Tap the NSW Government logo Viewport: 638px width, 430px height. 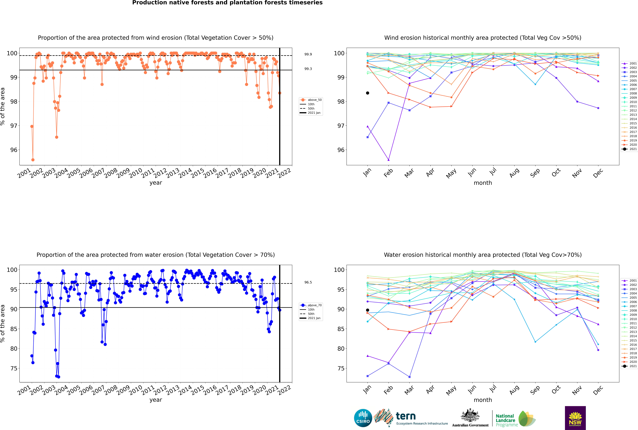pyautogui.click(x=575, y=418)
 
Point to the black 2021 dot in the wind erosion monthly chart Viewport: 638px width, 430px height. pyautogui.click(x=368, y=93)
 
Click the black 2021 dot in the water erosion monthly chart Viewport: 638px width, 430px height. pyautogui.click(x=368, y=310)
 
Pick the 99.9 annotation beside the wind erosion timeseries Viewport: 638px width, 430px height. pyautogui.click(x=308, y=54)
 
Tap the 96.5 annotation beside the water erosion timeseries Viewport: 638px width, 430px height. pyautogui.click(x=308, y=282)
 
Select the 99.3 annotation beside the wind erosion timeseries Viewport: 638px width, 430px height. pyautogui.click(x=308, y=69)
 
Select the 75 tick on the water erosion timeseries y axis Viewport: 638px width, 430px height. pyautogui.click(x=14, y=368)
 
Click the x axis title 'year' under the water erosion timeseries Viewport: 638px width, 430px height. pyautogui.click(x=156, y=400)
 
